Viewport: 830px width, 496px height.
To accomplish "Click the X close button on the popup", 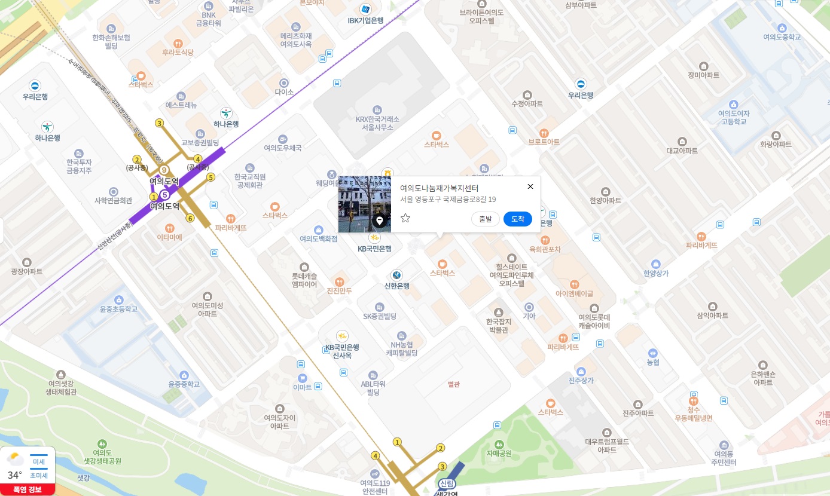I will tap(530, 186).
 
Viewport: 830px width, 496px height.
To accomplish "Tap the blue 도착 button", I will tap(517, 219).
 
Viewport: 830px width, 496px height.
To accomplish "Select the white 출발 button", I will tap(485, 219).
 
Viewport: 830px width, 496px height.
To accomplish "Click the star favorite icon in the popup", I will tap(405, 218).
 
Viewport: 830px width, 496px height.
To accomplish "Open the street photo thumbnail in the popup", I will tap(364, 204).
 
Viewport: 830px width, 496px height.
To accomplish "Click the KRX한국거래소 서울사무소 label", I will tap(377, 123).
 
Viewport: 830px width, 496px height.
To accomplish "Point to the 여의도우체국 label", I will tap(283, 148).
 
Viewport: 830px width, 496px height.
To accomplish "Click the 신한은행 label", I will tap(396, 286).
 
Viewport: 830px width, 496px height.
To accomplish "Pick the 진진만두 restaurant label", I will tap(339, 291).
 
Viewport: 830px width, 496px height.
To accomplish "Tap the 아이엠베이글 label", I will tap(574, 293).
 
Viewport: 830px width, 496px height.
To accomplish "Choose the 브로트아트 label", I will tap(544, 142).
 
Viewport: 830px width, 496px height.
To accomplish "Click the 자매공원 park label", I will tap(499, 453).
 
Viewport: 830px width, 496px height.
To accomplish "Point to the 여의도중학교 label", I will tap(782, 36).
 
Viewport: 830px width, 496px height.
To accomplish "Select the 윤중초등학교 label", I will tap(118, 309).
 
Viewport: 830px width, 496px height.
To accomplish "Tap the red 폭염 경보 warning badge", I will tap(28, 489).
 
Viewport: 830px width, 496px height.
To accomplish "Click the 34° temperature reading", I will tap(15, 476).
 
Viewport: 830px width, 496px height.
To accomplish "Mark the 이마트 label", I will tap(302, 387).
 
